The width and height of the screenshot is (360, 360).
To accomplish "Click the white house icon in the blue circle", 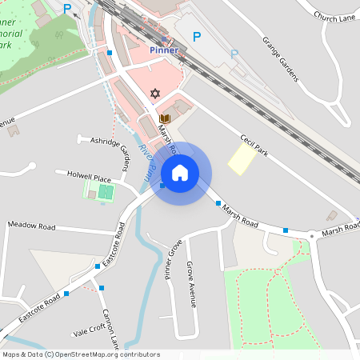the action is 180,173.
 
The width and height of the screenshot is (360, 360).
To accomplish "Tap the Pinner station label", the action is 164,50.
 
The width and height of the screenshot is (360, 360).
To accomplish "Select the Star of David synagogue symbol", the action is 155,94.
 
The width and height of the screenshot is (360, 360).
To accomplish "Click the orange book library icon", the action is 165,119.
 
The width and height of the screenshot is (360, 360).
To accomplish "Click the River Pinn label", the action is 146,158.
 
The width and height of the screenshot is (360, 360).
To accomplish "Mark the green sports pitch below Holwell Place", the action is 100,191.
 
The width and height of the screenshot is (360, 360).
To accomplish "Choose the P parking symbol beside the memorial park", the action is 67,9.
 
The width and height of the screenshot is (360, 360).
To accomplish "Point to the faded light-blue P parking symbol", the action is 234,54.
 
